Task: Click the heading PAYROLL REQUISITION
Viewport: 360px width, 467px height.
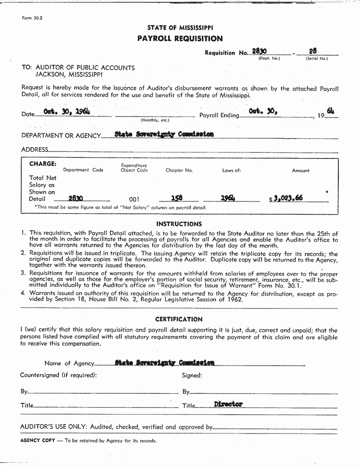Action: coord(180,39)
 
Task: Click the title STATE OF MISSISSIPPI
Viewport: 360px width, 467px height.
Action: coord(180,28)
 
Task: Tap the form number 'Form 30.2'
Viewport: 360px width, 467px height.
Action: coord(32,18)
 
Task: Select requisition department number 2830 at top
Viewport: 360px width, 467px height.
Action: coord(260,51)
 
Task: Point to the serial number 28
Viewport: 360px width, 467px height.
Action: coord(313,51)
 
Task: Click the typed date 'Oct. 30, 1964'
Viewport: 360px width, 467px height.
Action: coord(67,111)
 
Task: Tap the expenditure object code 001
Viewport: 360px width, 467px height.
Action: coord(134,200)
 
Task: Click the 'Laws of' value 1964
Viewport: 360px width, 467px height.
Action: coord(228,198)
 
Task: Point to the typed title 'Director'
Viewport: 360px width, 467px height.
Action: coord(228,404)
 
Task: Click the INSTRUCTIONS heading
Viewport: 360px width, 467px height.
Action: coord(179,224)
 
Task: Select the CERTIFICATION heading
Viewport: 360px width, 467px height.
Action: coord(179,319)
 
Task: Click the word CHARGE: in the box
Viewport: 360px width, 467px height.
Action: coord(43,164)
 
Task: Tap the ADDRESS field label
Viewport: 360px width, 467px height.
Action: coord(34,150)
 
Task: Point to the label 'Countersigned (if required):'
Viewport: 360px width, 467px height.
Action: coord(59,375)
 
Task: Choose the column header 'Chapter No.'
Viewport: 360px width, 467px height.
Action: coord(179,171)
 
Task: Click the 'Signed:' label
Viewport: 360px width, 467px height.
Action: coord(192,375)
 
